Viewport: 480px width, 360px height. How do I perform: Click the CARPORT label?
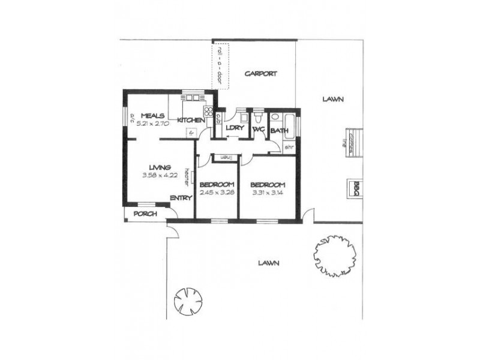click(x=262, y=74)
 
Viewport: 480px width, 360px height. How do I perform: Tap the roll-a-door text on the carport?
click(x=223, y=65)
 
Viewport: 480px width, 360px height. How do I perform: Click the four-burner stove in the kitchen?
click(x=209, y=110)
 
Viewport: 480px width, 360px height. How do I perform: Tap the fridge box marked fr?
click(x=191, y=133)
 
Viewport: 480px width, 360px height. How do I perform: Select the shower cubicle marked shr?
click(x=289, y=146)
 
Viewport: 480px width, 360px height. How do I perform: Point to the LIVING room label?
click(x=160, y=167)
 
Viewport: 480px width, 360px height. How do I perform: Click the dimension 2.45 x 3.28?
click(x=217, y=193)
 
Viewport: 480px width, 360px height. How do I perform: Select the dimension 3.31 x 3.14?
click(x=267, y=193)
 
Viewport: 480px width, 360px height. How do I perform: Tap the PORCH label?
click(x=145, y=214)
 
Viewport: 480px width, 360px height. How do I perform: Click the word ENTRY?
click(x=181, y=198)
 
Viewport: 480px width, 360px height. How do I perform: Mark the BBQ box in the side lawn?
click(x=355, y=186)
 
